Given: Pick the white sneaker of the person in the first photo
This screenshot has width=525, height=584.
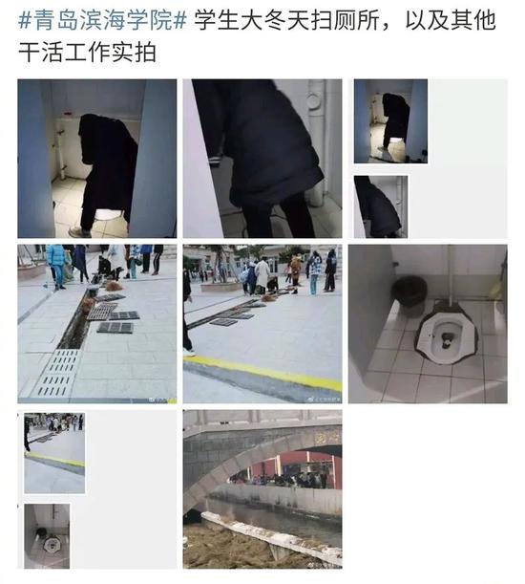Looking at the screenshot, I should [x=81, y=231].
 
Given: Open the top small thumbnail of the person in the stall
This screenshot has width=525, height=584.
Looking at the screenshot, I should [x=390, y=121].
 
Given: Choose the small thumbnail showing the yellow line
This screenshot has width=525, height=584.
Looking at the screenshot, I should [x=53, y=451].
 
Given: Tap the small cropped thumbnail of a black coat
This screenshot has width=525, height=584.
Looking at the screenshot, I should [x=380, y=205].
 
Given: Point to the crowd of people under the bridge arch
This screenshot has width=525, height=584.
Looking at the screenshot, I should [x=277, y=477].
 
